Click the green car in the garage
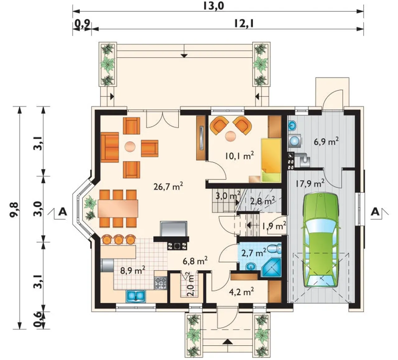(320, 240)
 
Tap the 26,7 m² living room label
(168, 186)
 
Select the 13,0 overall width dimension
(214, 6)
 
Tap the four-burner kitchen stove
(161, 283)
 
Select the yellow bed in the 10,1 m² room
(271, 160)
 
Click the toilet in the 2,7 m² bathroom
(274, 248)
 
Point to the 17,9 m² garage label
(310, 183)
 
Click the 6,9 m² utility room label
(326, 141)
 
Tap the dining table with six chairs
(118, 209)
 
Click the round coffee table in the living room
(130, 147)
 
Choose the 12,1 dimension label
(244, 24)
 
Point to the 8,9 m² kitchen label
(133, 270)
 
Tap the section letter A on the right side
(375, 212)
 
